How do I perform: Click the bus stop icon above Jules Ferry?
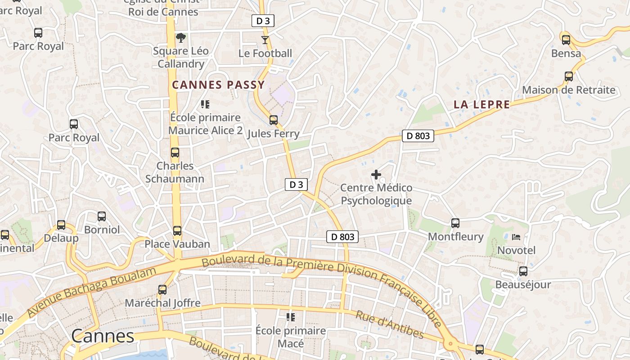[273, 120]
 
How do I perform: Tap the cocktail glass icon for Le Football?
[265, 40]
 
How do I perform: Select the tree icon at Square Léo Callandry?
[181, 37]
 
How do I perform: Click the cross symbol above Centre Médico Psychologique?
[376, 175]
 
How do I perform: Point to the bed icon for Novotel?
[516, 237]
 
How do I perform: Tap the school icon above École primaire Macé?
[291, 317]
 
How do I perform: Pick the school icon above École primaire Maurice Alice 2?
[205, 104]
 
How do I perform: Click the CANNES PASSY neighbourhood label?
[218, 85]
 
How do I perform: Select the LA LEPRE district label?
[481, 104]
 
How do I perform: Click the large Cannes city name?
[103, 336]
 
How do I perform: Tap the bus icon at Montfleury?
[455, 223]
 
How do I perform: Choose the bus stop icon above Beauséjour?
[523, 271]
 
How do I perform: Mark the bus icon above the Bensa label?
[566, 40]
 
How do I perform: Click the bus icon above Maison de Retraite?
[569, 76]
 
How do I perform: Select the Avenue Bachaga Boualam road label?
[92, 291]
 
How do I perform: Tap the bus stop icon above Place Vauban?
[177, 231]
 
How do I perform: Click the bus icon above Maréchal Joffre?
[162, 290]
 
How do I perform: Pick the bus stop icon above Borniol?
[102, 216]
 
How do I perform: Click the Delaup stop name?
[61, 238]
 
